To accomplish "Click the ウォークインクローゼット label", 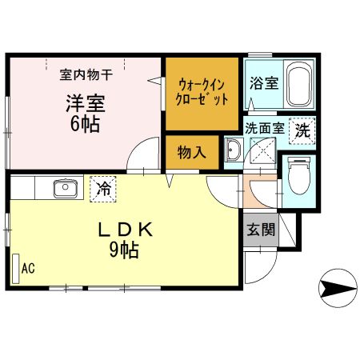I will (202, 92).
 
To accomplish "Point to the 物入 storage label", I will (190, 151).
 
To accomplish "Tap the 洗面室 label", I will (264, 126).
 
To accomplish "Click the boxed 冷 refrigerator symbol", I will (103, 188).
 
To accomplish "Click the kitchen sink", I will (64, 190).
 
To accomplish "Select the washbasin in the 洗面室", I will (235, 149).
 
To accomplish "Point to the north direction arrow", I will (338, 286).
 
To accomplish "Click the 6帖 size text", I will (83, 126).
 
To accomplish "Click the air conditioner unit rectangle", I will (15, 269).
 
